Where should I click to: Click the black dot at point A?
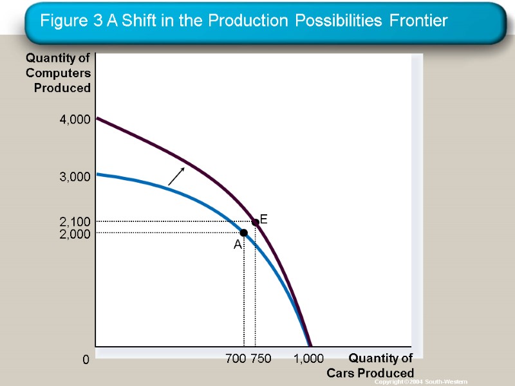click(244, 232)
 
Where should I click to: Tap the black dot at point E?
click(256, 222)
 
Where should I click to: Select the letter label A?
click(238, 245)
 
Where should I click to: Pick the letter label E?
click(264, 220)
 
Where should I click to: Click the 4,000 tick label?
click(75, 120)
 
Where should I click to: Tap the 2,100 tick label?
click(75, 223)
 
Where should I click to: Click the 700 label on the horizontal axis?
click(236, 358)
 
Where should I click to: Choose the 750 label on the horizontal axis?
click(261, 358)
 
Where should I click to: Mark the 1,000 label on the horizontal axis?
click(309, 358)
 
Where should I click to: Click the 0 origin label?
click(85, 361)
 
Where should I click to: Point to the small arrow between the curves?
click(176, 176)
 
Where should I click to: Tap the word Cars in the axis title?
click(339, 373)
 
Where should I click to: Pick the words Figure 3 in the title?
click(71, 21)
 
